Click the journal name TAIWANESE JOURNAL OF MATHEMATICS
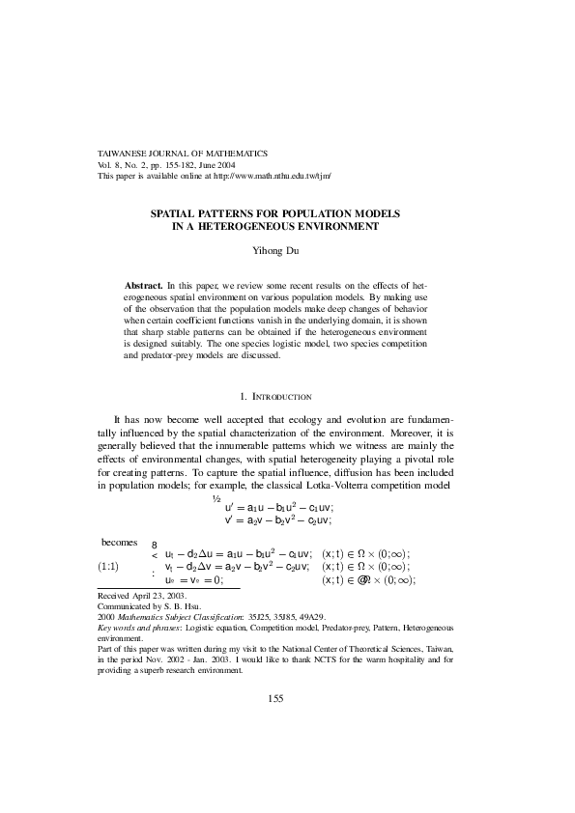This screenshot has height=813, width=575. pos(184,154)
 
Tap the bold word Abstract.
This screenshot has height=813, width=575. pos(143,287)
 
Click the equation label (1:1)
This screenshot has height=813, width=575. pos(108,566)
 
